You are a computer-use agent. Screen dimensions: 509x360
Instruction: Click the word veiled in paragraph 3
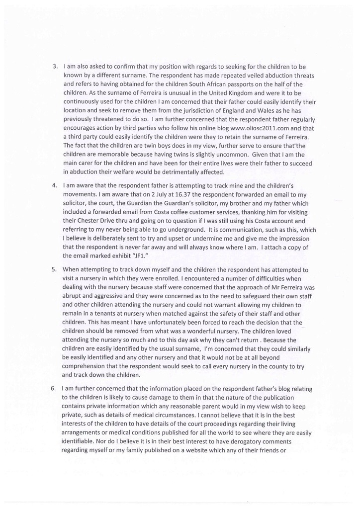coord(263,73)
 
